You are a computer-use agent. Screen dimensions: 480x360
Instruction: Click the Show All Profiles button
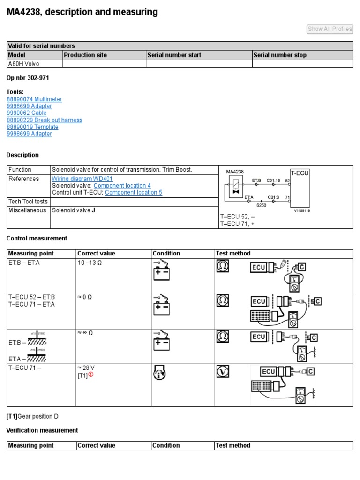pos(330,29)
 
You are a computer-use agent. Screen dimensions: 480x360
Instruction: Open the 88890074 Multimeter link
pos(34,99)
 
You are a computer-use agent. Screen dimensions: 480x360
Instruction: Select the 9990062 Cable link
pos(26,113)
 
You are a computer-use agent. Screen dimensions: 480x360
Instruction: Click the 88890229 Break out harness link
pos(45,120)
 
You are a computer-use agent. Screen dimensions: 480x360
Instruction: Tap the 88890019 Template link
pos(32,127)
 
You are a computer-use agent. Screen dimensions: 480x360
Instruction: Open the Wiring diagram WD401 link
pos(82,179)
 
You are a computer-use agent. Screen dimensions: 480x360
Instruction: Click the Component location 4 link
pos(122,186)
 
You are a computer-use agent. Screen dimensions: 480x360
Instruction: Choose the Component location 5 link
pos(134,192)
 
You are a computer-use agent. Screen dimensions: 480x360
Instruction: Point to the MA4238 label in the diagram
pos(235,172)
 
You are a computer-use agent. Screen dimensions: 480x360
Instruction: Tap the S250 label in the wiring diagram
pos(262,205)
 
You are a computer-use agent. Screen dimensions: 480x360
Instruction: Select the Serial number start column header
pos(174,55)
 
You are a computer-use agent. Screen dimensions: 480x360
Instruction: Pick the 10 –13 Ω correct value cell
pos(90,262)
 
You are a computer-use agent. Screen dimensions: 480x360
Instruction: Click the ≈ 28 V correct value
pos(89,367)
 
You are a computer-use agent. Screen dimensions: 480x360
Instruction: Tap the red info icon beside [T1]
pos(91,374)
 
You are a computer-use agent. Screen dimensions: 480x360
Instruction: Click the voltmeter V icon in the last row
pos(222,372)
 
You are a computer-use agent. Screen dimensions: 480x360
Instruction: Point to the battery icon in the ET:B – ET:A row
pos(161,270)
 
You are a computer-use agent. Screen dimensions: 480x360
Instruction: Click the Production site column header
pos(85,55)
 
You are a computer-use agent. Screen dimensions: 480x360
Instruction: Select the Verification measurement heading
pos(42,430)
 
